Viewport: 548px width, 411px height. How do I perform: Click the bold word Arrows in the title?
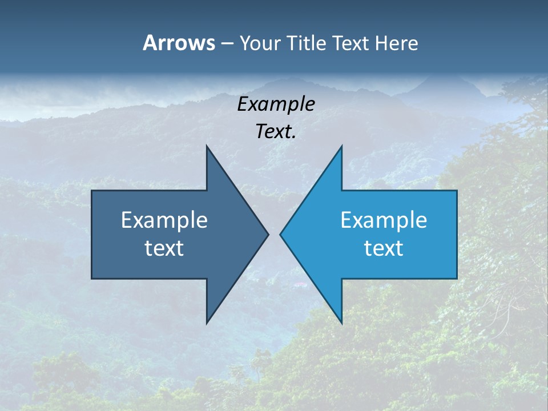(179, 43)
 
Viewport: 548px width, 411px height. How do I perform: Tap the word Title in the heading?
(307, 43)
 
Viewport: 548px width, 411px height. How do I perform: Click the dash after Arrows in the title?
(227, 43)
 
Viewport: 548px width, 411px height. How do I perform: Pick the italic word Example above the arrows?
(276, 104)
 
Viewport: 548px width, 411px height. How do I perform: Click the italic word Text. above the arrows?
(276, 132)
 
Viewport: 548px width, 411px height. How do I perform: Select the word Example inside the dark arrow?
(164, 220)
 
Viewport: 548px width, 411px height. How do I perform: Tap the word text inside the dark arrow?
(164, 248)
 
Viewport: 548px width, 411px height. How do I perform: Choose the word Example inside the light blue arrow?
(384, 220)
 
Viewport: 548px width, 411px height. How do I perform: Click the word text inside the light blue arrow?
(384, 248)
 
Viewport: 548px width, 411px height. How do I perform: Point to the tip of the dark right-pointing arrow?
(268, 234)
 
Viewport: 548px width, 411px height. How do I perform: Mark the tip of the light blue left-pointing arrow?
(280, 234)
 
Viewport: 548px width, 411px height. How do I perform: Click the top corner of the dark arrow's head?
(207, 146)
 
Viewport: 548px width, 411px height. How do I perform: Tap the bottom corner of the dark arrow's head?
(207, 323)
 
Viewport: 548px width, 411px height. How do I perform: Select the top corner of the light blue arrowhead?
(341, 146)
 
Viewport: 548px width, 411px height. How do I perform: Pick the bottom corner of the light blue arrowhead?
(341, 323)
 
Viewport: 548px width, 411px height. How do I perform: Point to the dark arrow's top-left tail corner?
(92, 191)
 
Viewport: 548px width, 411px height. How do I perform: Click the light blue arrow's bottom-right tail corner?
(457, 279)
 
